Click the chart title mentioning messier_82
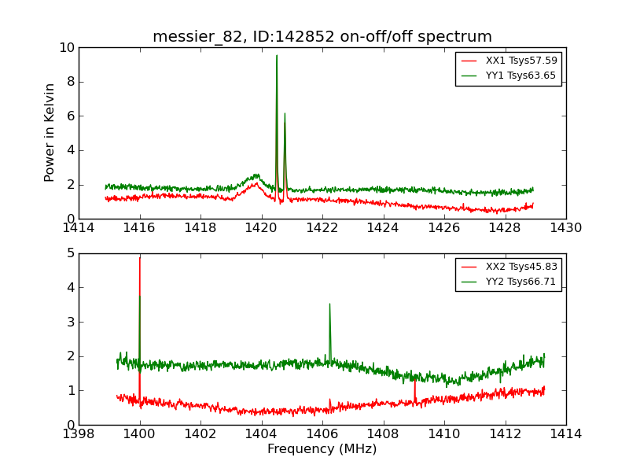tap(322, 37)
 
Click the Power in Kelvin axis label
tap(50, 132)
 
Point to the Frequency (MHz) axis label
tap(322, 449)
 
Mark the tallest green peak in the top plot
tap(277, 55)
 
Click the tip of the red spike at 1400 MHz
tap(140, 258)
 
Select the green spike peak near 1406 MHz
tap(329, 304)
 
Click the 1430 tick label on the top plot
tap(565, 228)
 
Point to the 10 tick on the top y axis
tap(66, 48)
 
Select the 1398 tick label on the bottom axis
tap(79, 433)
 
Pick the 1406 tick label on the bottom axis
tap(322, 433)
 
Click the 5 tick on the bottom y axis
tap(71, 253)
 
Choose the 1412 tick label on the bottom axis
tap(505, 433)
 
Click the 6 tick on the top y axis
tap(71, 116)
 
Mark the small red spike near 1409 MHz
tap(415, 380)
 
